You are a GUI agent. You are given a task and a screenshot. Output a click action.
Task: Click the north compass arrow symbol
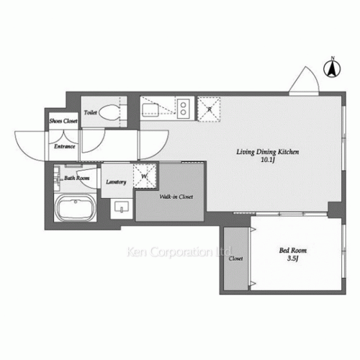pyautogui.click(x=332, y=68)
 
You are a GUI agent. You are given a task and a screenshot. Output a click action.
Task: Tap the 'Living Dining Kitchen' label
pyautogui.click(x=268, y=152)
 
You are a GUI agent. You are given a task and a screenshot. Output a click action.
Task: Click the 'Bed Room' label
pyautogui.click(x=292, y=251)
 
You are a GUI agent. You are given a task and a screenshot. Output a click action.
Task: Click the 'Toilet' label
pyautogui.click(x=91, y=113)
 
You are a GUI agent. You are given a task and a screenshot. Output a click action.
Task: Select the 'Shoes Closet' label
pyautogui.click(x=63, y=122)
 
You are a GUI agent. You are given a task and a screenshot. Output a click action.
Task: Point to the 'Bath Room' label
pyautogui.click(x=76, y=177)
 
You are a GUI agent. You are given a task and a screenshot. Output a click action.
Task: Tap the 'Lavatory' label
pyautogui.click(x=116, y=182)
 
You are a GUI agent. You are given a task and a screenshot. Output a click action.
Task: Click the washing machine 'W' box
pyautogui.click(x=145, y=175)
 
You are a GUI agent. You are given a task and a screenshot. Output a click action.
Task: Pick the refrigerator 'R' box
pyautogui.click(x=210, y=109)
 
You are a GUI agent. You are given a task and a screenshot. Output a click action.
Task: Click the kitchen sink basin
pyautogui.click(x=153, y=109)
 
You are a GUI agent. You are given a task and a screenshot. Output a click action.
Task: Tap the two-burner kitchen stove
pyautogui.click(x=182, y=108)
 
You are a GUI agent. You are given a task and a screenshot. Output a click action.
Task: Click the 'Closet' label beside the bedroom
pyautogui.click(x=236, y=258)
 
